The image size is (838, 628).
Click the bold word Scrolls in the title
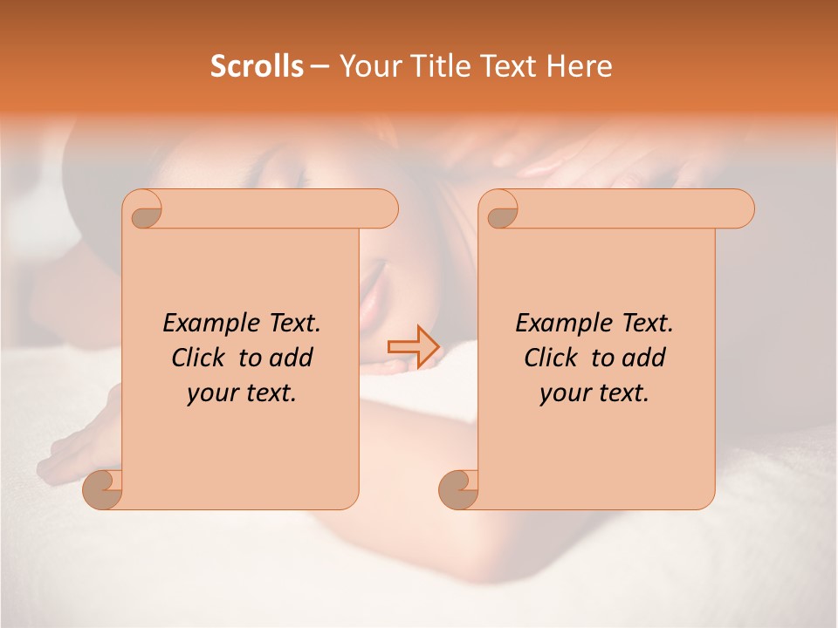(257, 66)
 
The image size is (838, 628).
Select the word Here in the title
(579, 66)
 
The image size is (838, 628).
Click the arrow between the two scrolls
(412, 346)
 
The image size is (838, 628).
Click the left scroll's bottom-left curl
(103, 490)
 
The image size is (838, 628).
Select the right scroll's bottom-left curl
(458, 490)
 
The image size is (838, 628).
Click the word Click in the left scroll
(196, 358)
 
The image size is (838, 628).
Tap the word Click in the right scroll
(549, 358)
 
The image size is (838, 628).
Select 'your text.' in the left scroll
(242, 392)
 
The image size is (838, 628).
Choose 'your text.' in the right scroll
(594, 392)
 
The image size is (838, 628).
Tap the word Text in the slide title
(509, 66)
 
